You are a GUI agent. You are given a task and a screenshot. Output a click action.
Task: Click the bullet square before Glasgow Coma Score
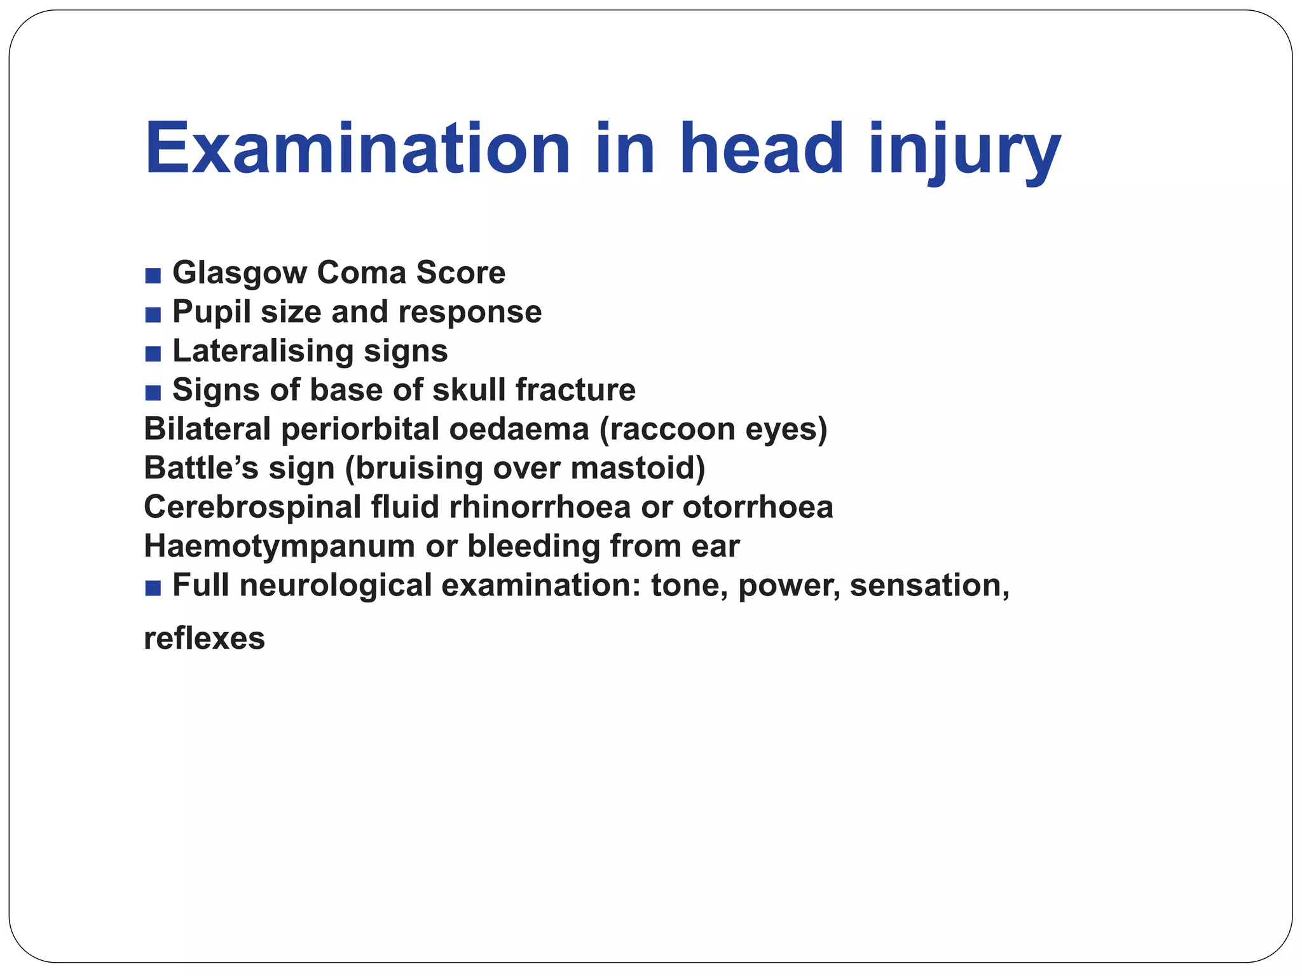(x=153, y=276)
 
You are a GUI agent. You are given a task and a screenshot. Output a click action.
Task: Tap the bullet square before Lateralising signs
(x=153, y=354)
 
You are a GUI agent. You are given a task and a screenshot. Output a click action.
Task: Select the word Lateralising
(x=263, y=351)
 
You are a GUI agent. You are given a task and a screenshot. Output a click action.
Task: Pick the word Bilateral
(x=207, y=429)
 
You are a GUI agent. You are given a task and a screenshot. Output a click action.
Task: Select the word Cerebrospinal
(x=252, y=508)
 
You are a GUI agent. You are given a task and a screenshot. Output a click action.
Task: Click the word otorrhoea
(x=757, y=508)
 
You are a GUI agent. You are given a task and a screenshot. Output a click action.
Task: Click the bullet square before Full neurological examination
(x=153, y=588)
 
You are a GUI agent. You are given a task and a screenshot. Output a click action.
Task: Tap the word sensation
(x=929, y=586)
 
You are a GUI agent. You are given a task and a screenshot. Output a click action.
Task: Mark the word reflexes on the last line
(x=204, y=639)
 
